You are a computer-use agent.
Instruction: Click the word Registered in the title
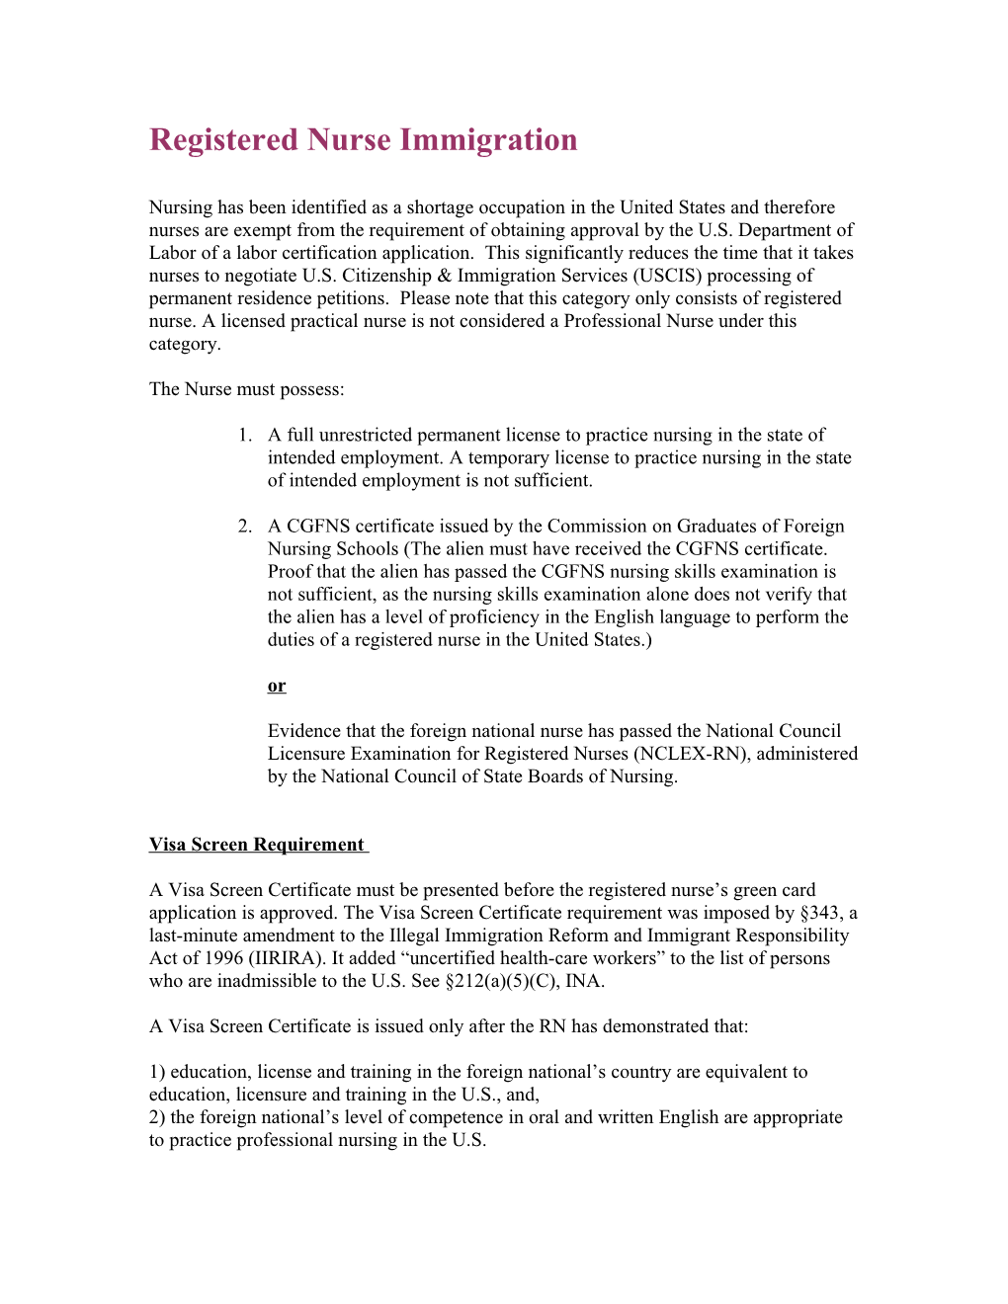tap(222, 140)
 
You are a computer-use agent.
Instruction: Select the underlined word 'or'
tap(277, 686)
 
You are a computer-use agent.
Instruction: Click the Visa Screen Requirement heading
tap(257, 845)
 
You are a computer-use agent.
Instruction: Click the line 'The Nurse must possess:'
tap(246, 389)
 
